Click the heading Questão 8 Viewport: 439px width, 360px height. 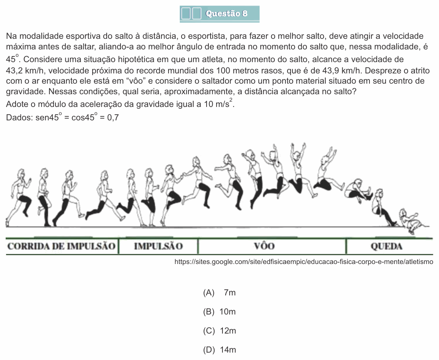tap(226, 13)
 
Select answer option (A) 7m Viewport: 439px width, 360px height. tap(219, 293)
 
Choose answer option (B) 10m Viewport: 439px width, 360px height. tap(219, 312)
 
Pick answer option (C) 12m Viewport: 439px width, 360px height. tap(219, 331)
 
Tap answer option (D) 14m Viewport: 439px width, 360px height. tap(219, 350)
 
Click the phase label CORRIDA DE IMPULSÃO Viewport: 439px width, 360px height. tap(61, 246)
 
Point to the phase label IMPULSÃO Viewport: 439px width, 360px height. tap(159, 246)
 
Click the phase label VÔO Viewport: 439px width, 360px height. tap(265, 246)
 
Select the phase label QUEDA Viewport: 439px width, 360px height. tap(386, 246)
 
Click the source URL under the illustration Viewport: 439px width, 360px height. tap(304, 262)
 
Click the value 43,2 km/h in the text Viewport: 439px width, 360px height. tap(25, 71)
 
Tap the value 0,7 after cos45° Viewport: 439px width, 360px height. tap(113, 118)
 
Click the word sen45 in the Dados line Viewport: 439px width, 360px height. tap(47, 118)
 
